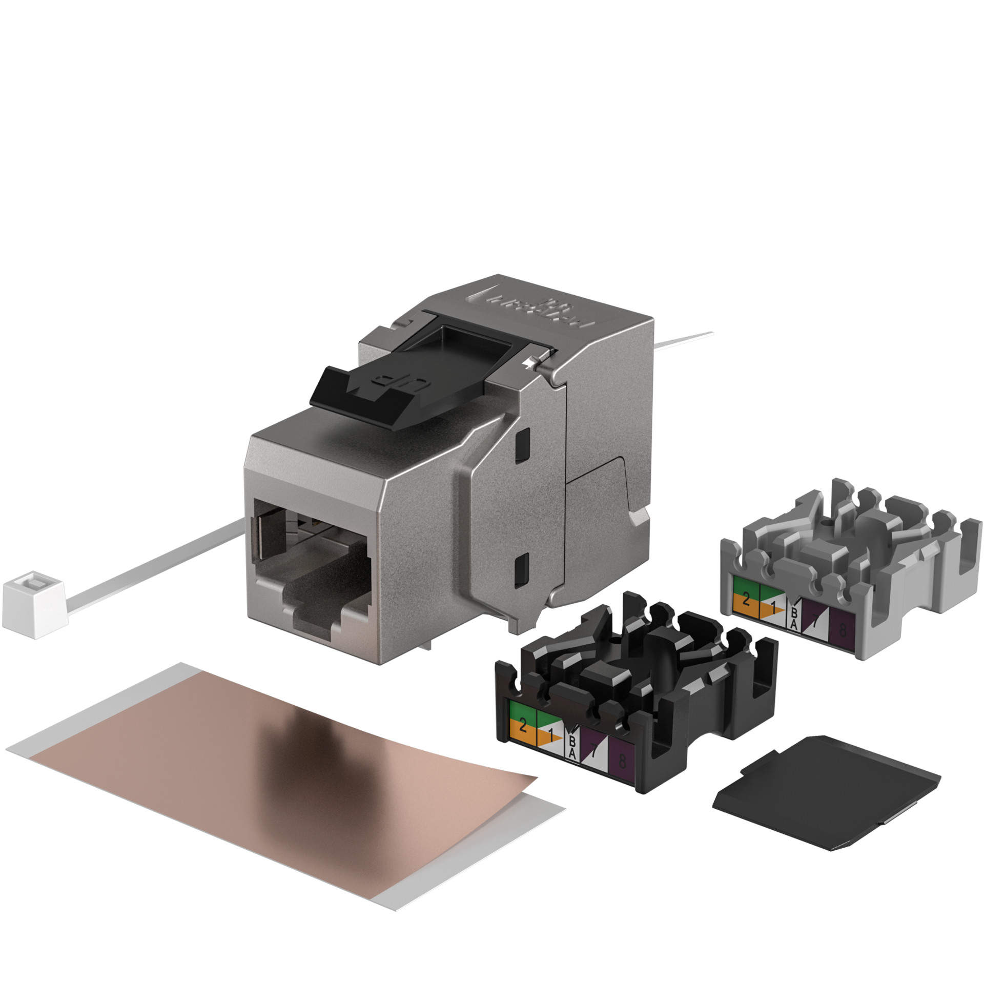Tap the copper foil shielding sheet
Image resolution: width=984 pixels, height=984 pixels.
(266, 779)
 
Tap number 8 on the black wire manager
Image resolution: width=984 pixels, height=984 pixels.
(622, 761)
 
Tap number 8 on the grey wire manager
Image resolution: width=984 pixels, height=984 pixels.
(843, 630)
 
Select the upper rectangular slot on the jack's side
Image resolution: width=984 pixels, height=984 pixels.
(521, 444)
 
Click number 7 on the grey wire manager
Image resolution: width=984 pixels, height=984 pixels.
(815, 622)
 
